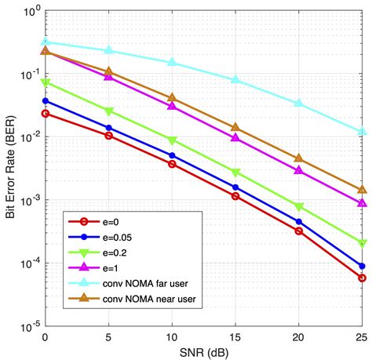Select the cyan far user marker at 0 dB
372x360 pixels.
pyautogui.click(x=45, y=42)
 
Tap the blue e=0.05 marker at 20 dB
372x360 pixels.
pyautogui.click(x=298, y=222)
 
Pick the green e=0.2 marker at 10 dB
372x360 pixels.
pyautogui.click(x=172, y=140)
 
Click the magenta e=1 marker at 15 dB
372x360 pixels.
pyautogui.click(x=235, y=137)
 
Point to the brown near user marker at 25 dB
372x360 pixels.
pyautogui.click(x=362, y=190)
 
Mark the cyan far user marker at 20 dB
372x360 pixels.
pyautogui.click(x=298, y=104)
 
